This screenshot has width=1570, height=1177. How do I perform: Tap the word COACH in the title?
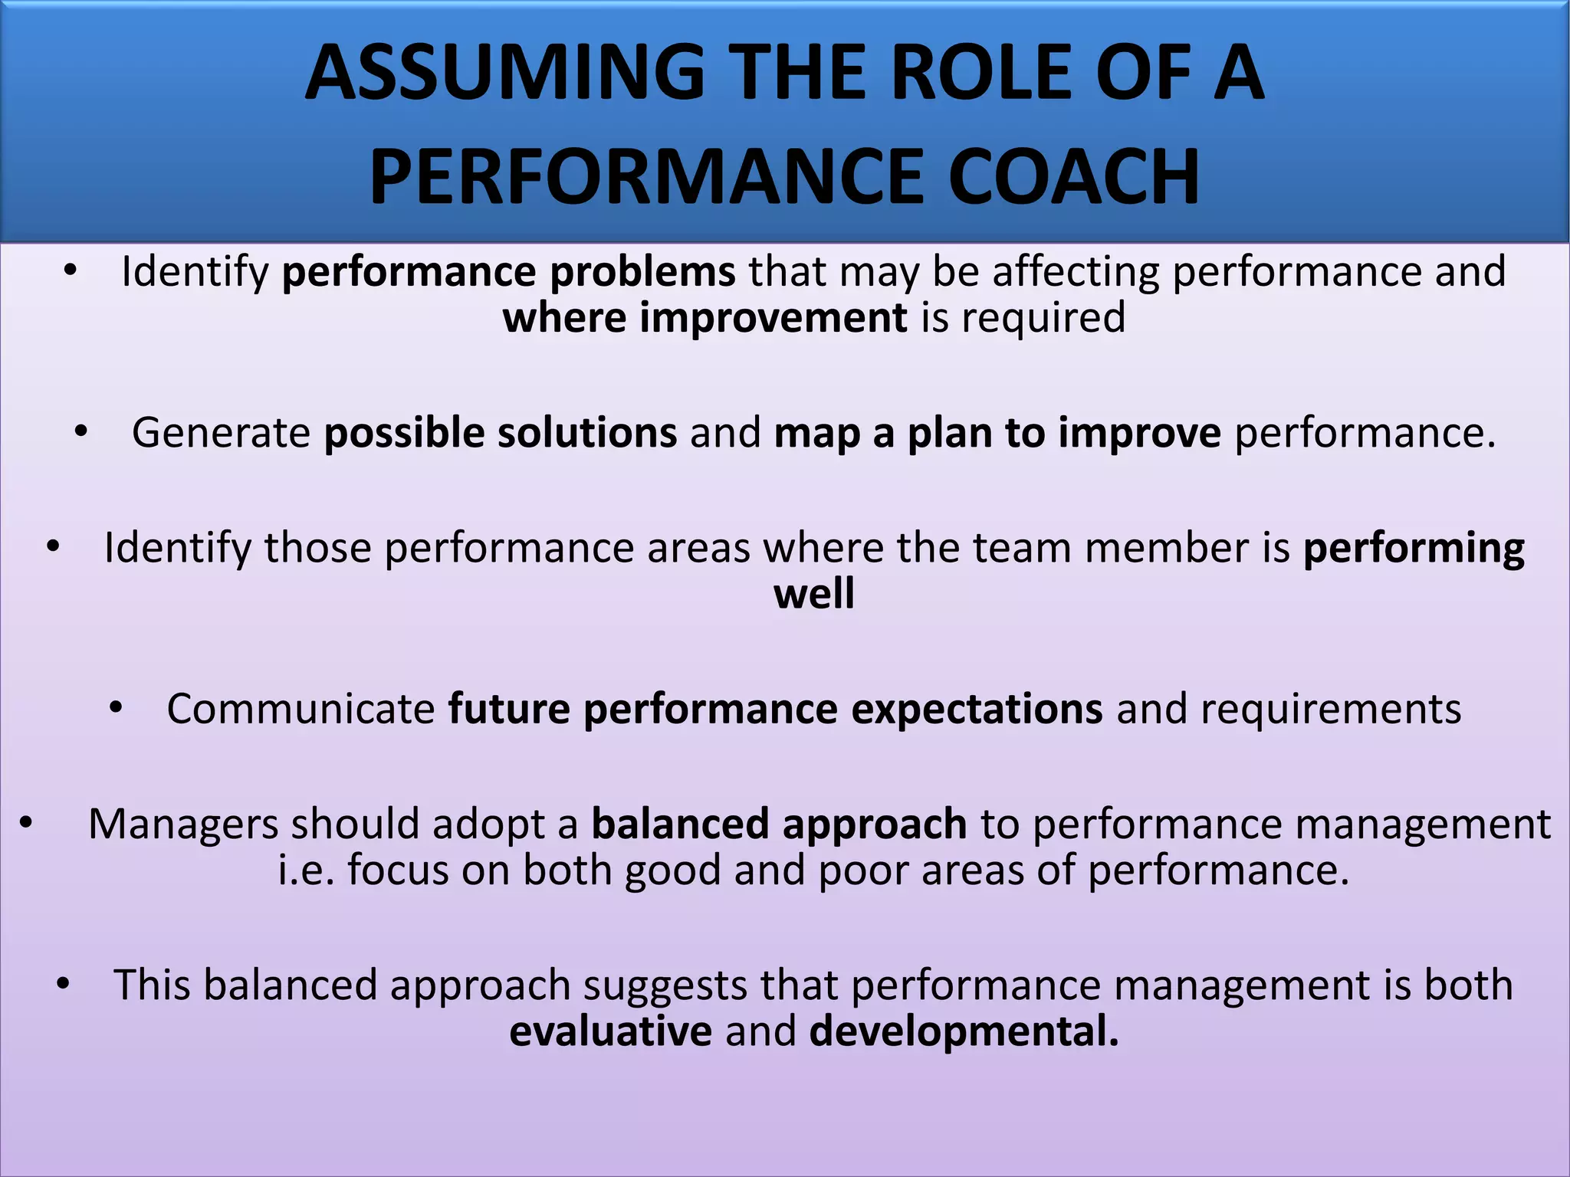1073,177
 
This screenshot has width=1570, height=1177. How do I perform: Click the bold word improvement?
774,318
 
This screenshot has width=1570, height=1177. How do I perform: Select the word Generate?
221,433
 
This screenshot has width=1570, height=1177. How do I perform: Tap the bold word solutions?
587,433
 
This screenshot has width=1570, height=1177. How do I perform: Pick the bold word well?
814,595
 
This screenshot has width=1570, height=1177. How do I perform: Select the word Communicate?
301,709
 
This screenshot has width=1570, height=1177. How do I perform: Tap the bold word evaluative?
610,1031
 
